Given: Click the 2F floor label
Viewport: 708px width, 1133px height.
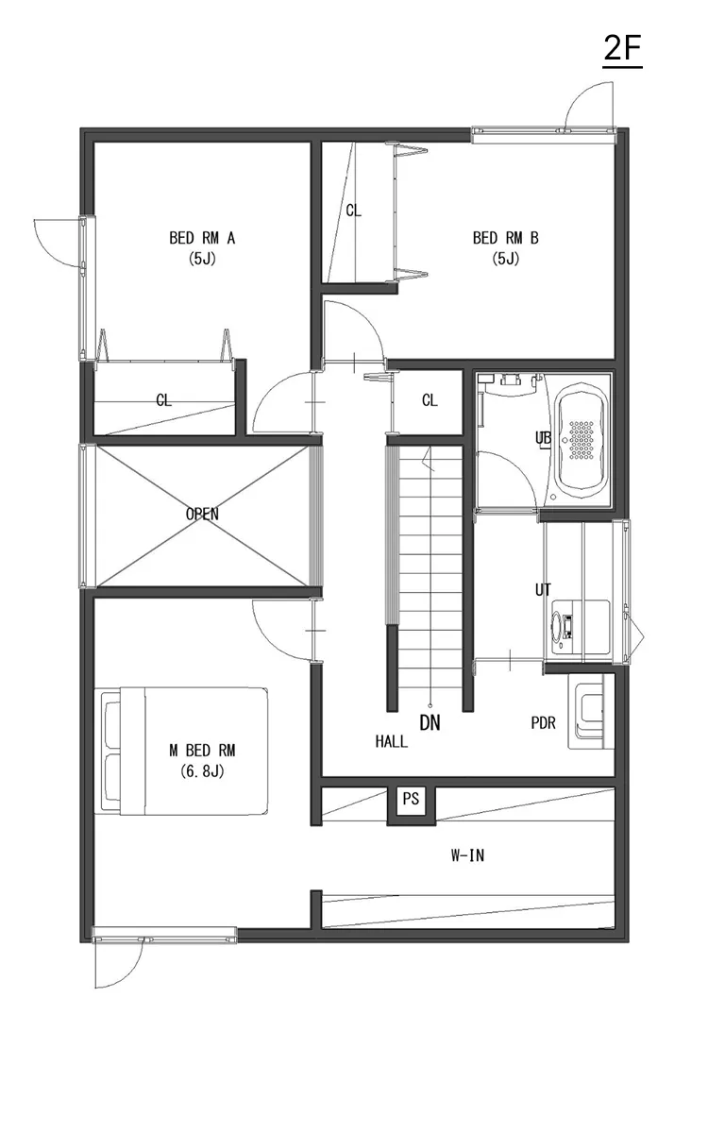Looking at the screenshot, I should point(623,50).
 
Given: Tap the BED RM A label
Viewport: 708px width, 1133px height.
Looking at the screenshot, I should point(202,238).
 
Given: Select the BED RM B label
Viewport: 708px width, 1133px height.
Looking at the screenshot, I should point(506,238).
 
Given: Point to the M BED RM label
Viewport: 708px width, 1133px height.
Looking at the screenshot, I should point(202,751).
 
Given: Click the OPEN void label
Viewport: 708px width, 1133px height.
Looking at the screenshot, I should point(202,515).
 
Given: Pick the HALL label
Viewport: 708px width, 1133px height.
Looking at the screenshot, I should point(391,742).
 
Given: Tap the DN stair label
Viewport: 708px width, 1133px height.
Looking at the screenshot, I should point(430,724).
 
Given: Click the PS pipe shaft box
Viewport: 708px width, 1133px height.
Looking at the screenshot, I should point(411,799).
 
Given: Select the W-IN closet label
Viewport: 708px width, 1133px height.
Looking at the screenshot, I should point(467,856).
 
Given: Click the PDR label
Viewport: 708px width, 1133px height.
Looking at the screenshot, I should point(543,723).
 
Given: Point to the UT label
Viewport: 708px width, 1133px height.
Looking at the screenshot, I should point(543,590).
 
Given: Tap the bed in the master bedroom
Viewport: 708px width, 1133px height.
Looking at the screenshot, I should point(184,751).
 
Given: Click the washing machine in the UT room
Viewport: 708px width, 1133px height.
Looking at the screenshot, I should point(566,624).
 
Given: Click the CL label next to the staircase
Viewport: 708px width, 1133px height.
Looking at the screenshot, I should point(430,400).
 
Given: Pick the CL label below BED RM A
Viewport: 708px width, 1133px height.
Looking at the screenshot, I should point(164,400).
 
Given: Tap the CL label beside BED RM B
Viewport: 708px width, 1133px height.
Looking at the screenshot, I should point(353,211).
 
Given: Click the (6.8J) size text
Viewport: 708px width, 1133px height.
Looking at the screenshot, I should point(202,770).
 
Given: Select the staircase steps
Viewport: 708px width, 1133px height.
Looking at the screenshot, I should point(430,566).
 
